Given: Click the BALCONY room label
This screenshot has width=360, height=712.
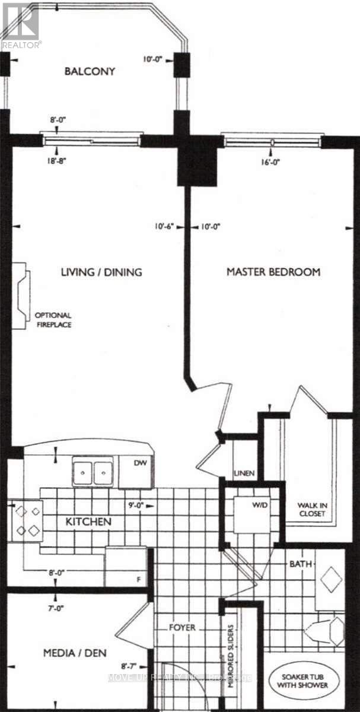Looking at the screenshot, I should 90,72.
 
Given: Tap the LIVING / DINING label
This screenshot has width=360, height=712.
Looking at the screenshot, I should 101,272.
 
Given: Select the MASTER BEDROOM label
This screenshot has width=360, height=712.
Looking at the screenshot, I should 274,272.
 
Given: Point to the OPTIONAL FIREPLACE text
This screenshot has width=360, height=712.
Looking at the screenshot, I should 53,320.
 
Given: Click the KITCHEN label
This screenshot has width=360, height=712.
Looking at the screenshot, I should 88,522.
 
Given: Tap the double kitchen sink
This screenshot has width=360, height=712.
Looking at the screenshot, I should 93,472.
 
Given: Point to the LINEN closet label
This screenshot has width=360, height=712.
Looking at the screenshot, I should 244,473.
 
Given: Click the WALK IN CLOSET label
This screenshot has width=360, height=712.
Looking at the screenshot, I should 311,510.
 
